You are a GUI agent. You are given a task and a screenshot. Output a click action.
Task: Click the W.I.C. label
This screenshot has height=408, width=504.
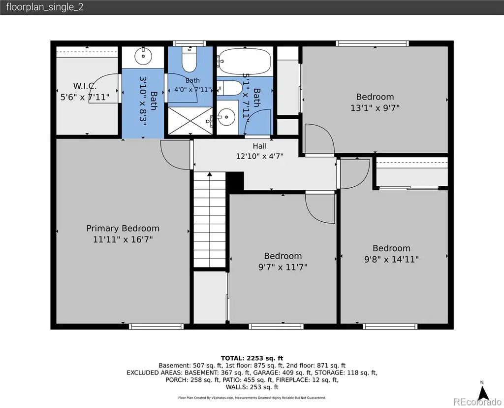(85, 86)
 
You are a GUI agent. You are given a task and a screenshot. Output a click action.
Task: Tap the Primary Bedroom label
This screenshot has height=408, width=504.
(123, 229)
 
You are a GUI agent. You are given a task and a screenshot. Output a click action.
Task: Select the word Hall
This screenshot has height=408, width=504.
(259, 146)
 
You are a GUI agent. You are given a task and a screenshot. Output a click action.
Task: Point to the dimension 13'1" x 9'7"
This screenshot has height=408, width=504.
(375, 108)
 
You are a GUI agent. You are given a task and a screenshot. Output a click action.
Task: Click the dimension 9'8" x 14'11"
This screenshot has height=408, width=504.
(391, 259)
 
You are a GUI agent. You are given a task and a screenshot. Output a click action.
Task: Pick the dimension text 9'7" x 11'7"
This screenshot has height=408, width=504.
(283, 267)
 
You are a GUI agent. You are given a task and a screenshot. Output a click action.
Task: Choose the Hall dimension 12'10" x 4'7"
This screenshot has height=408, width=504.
(259, 156)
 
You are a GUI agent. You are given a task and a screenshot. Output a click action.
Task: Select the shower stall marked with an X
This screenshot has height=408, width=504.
(190, 121)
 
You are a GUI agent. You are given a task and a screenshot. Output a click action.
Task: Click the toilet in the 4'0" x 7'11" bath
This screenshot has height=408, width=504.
(189, 60)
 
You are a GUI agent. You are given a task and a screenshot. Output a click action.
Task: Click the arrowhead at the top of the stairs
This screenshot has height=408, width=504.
(210, 174)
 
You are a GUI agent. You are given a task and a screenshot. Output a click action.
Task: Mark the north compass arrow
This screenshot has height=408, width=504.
(482, 393)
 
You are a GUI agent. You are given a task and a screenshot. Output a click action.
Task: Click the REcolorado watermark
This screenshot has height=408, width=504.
(477, 402)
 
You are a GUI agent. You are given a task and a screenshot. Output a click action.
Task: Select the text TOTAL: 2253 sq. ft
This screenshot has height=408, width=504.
(252, 358)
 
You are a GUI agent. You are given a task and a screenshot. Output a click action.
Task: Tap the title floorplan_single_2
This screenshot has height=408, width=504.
(45, 7)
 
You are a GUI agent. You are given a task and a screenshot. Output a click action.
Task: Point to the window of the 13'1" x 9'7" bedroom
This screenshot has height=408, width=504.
(372, 43)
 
